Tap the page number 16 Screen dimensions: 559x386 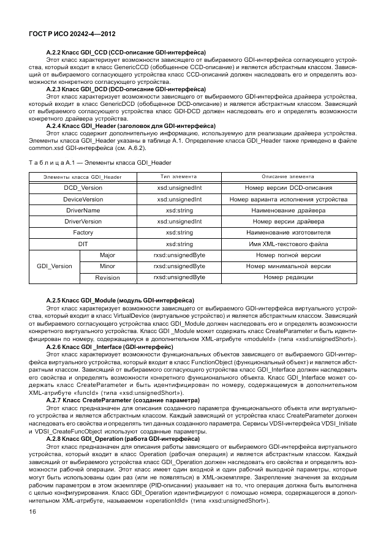[32, 511]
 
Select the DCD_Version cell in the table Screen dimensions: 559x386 [83, 188]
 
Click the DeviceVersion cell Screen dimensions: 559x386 [83, 199]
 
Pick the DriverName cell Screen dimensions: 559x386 [83, 210]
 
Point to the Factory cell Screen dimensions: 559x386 [83, 233]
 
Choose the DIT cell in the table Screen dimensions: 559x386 [83, 244]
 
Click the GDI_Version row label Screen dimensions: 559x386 [55, 266]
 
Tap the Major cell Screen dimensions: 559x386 [107, 255]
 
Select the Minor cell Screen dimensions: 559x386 [107, 266]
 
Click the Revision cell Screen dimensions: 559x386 [107, 278]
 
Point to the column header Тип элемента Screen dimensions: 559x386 [180, 176]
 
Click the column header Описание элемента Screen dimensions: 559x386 [288, 176]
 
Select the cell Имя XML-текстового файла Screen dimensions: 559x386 [288, 244]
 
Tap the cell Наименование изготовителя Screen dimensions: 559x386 [288, 233]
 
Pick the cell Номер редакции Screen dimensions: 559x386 [288, 278]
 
